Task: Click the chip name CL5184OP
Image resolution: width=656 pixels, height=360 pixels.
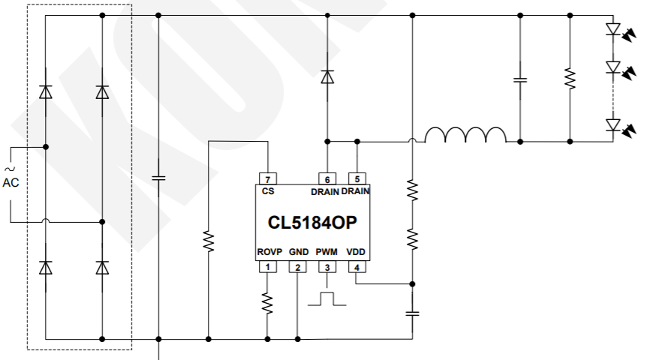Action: (312, 223)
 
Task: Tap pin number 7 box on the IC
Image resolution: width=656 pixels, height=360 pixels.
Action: (268, 178)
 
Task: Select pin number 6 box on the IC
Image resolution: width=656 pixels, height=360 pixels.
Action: (327, 178)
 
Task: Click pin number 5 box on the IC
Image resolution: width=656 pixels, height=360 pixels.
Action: (357, 178)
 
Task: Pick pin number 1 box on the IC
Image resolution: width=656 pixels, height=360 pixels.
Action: (267, 267)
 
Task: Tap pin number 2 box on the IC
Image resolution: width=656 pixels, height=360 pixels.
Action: (297, 267)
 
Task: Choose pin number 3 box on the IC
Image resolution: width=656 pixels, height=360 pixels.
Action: (327, 267)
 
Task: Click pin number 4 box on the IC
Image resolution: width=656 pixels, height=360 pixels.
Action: (357, 267)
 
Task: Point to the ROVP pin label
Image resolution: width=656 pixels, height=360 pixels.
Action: (269, 252)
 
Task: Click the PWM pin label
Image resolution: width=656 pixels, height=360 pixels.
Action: (326, 252)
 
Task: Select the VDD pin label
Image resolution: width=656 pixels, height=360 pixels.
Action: (357, 252)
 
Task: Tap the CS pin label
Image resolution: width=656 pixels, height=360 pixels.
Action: (268, 191)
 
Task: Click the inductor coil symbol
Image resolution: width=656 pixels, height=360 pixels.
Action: (465, 135)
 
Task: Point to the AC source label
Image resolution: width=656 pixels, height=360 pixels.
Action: (11, 182)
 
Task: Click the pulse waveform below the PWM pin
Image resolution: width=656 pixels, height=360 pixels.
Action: (327, 298)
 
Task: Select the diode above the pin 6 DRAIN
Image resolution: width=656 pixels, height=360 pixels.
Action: (327, 76)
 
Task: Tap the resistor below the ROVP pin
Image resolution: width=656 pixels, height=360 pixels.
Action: (267, 302)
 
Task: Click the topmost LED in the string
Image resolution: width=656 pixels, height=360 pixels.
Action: (612, 30)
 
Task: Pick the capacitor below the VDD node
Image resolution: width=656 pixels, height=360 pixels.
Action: (412, 312)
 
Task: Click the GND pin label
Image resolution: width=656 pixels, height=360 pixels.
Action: (299, 252)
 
